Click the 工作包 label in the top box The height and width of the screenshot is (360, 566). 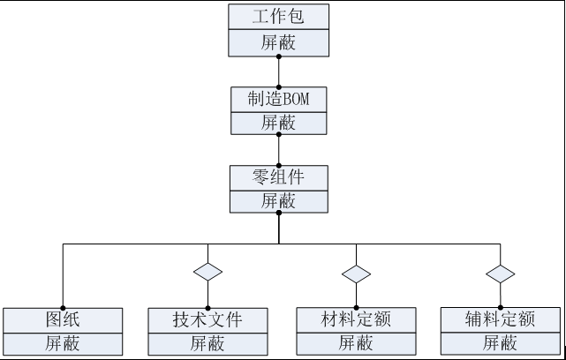(x=278, y=17)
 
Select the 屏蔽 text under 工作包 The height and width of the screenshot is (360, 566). (x=278, y=41)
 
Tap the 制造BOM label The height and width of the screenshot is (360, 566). (x=278, y=99)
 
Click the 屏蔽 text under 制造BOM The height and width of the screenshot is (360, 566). (x=278, y=123)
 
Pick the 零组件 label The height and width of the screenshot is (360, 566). (x=278, y=176)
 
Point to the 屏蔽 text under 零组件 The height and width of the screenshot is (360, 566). (x=278, y=200)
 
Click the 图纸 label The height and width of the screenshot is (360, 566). (x=63, y=319)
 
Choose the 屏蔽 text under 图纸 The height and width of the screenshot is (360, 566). (x=63, y=343)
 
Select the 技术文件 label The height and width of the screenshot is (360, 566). (x=208, y=319)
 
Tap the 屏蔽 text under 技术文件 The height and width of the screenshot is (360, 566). (x=208, y=343)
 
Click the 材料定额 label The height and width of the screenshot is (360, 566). (x=356, y=318)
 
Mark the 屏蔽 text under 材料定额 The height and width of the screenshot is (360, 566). (x=356, y=342)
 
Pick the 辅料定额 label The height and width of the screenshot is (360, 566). (x=500, y=318)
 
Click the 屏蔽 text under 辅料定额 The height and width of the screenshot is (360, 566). (x=500, y=342)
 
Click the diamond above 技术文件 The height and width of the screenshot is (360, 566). (x=208, y=272)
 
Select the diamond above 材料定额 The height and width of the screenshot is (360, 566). (x=356, y=274)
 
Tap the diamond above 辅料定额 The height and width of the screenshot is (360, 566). (x=500, y=274)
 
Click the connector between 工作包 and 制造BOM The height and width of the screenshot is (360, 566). (x=278, y=71)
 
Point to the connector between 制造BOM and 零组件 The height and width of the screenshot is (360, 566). (x=278, y=149)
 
